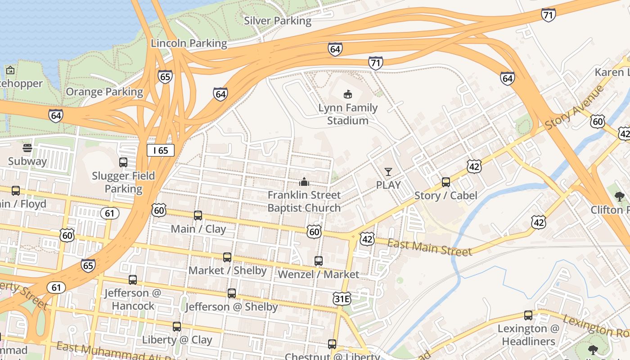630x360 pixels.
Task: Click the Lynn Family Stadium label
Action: point(348,114)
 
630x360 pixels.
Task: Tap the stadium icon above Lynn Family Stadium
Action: point(347,94)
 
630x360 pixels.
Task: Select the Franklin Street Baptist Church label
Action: point(304,201)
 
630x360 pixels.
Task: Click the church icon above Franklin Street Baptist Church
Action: point(305,182)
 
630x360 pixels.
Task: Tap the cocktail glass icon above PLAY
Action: point(388,171)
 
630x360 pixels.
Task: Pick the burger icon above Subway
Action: point(27,148)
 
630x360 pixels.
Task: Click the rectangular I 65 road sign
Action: point(161,150)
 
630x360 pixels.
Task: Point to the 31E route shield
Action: point(342,298)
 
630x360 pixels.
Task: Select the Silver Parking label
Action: point(277,21)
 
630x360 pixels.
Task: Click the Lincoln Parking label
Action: point(189,43)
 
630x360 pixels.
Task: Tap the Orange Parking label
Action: point(104,92)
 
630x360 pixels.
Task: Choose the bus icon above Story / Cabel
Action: point(445,182)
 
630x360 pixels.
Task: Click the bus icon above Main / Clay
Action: point(198,215)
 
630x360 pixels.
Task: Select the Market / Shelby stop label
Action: point(227,270)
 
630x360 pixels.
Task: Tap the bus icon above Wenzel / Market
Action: point(318,261)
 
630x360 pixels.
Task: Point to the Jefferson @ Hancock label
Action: point(133,299)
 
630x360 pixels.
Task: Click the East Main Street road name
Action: point(429,247)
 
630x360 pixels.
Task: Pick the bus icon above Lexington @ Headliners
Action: point(528,315)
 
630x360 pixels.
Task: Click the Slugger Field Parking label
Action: point(123,182)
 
